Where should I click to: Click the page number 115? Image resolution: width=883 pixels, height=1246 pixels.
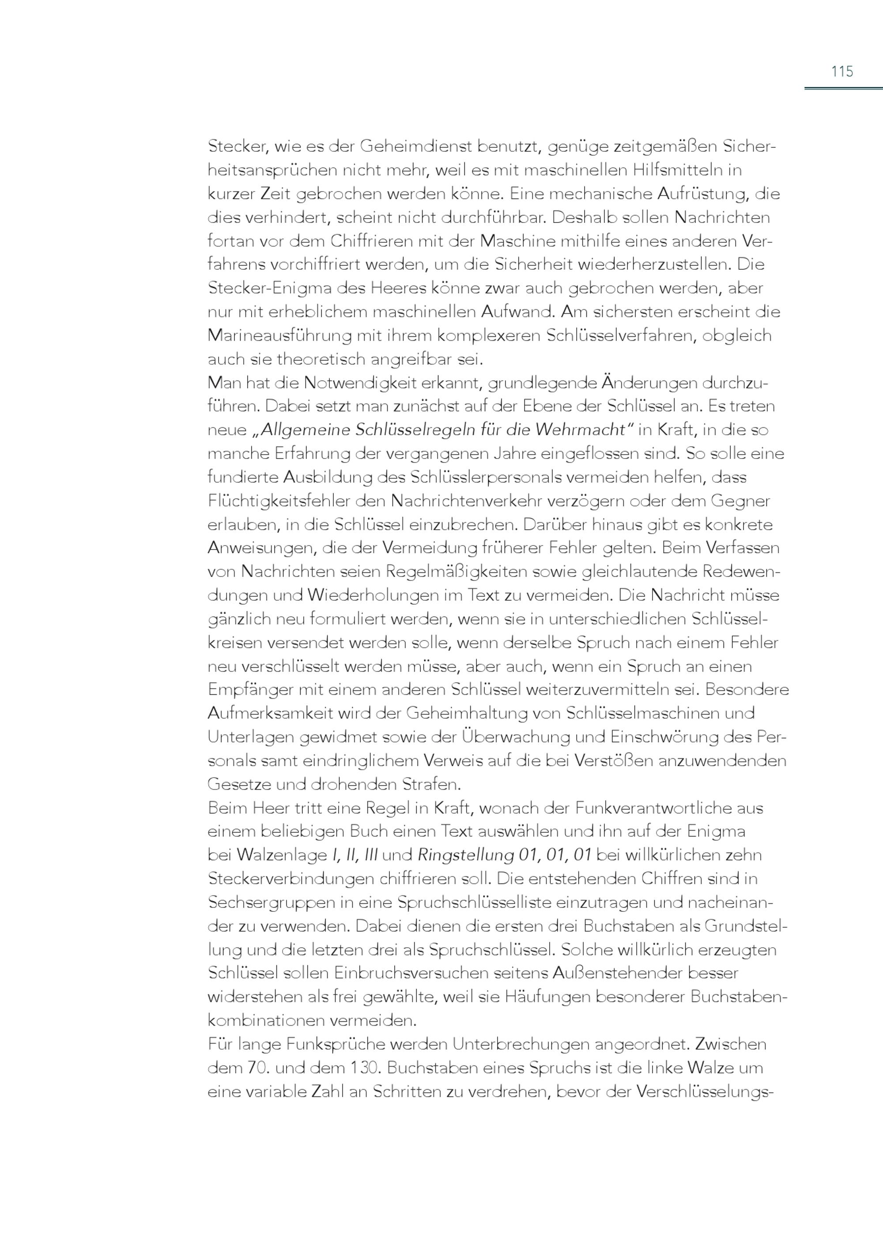pyautogui.click(x=841, y=71)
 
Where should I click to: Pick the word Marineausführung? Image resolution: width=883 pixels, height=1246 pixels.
pyautogui.click(x=279, y=336)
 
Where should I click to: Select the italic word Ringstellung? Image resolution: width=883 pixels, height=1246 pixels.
pyautogui.click(x=465, y=855)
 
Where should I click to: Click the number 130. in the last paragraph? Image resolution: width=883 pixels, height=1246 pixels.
pyautogui.click(x=364, y=1068)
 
